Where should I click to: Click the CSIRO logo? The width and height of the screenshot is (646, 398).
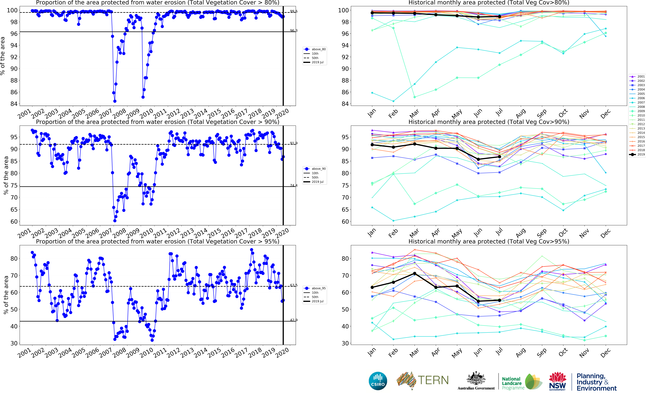(378, 381)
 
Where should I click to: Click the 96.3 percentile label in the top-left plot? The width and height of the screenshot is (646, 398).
(294, 31)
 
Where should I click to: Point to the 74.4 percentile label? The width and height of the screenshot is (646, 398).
(294, 186)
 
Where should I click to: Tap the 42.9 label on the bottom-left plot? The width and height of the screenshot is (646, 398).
(294, 320)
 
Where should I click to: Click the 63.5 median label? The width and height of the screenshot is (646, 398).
(294, 285)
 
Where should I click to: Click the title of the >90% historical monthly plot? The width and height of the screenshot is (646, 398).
(489, 122)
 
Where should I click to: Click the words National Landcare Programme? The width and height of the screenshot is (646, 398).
(512, 383)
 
